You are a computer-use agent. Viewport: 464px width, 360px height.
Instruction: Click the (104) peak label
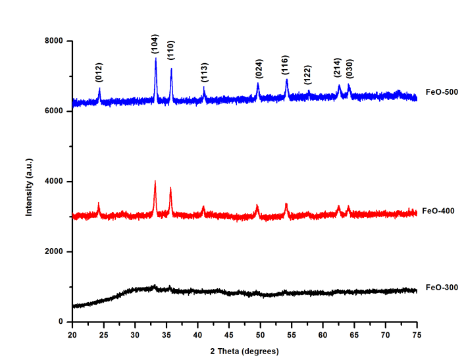[155, 45]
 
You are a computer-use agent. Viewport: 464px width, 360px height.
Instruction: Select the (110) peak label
[170, 49]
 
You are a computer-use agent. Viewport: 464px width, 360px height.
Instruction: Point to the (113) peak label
[205, 72]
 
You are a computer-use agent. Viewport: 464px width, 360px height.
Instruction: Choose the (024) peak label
[259, 69]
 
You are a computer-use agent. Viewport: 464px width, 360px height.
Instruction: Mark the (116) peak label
[286, 65]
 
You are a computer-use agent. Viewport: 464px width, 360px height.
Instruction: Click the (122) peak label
[307, 75]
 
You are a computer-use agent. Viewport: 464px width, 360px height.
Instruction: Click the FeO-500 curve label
[442, 92]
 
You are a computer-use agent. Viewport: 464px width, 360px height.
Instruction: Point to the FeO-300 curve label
[442, 288]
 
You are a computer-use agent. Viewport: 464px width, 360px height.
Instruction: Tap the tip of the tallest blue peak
[156, 59]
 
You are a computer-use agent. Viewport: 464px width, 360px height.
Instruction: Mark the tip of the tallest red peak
[155, 181]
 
